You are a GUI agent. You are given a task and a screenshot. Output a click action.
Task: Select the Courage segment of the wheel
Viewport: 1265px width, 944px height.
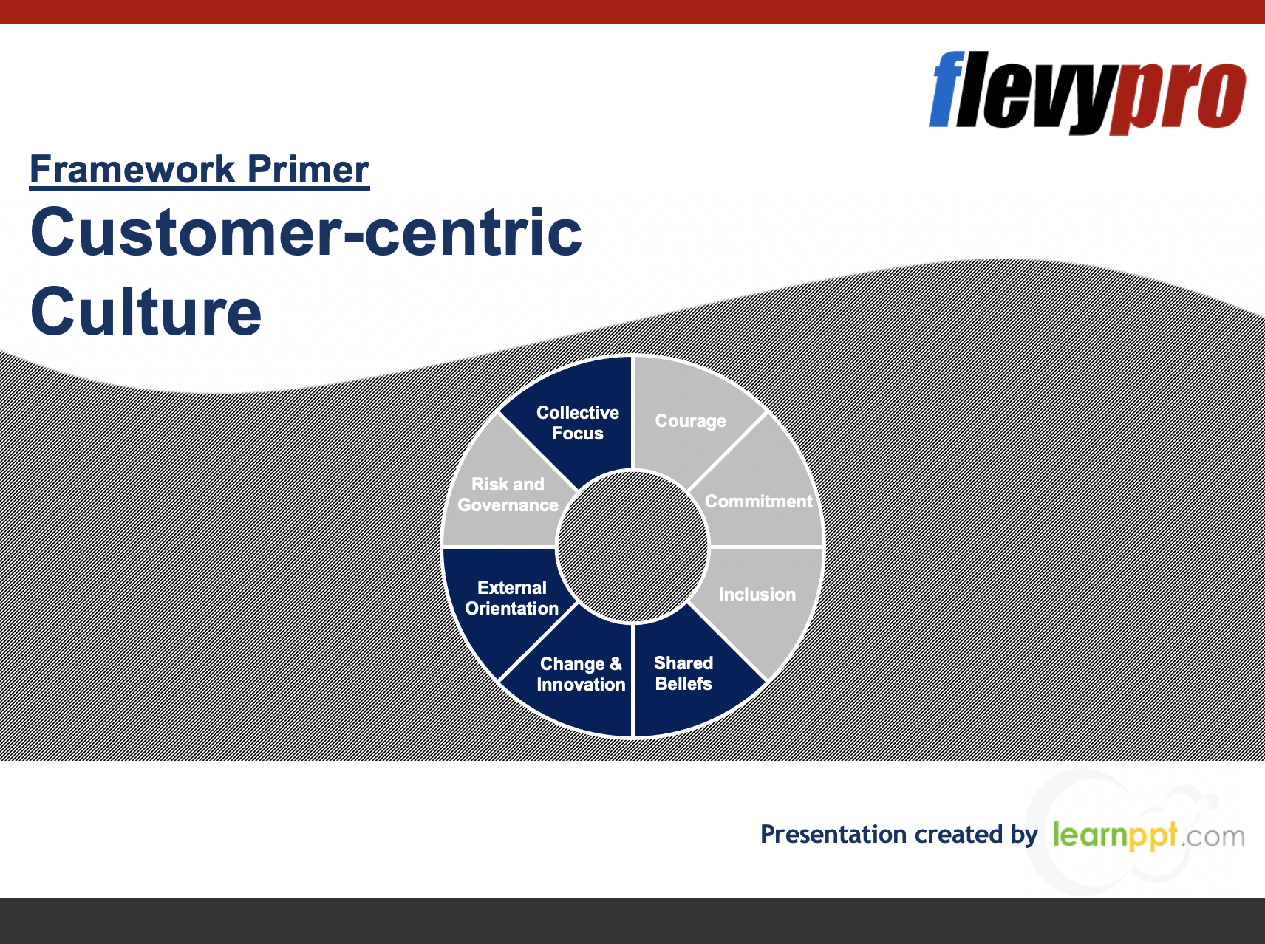tap(691, 420)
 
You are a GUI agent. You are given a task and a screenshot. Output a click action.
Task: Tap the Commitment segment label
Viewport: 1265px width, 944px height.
tap(759, 502)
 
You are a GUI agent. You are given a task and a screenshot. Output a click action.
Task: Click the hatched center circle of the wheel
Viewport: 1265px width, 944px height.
tap(632, 547)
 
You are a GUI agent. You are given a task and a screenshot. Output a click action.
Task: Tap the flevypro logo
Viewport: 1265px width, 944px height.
tap(1087, 92)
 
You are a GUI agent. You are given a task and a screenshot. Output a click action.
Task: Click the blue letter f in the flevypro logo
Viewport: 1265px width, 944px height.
tap(949, 89)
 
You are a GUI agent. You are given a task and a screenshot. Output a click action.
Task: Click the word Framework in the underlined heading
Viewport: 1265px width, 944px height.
tap(133, 169)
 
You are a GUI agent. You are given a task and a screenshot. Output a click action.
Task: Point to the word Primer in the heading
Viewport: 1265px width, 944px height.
tap(308, 169)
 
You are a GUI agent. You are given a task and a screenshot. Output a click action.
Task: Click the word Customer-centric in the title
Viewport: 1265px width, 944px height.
tap(306, 232)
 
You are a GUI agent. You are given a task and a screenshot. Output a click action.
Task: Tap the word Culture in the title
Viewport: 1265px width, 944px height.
tap(146, 311)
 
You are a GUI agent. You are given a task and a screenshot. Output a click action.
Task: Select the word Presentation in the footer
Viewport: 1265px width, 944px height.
tap(833, 834)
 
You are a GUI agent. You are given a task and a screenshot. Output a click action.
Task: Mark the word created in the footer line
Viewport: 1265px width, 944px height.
tap(959, 834)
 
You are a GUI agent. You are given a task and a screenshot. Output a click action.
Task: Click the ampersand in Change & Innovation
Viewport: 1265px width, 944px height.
tap(616, 664)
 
